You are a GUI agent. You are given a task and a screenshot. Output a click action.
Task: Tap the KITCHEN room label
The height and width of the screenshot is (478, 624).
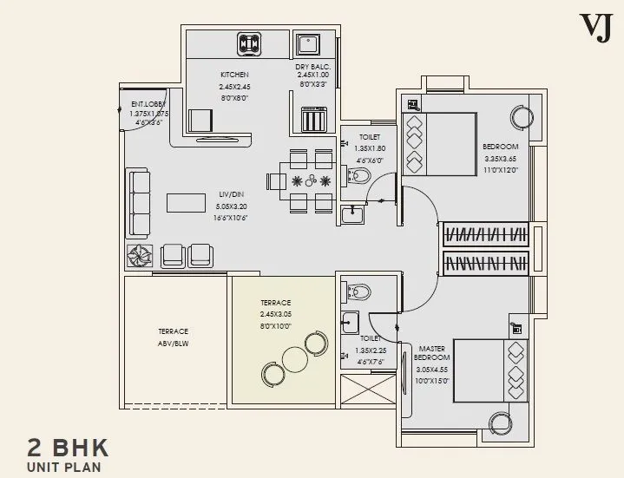pyautogui.click(x=233, y=75)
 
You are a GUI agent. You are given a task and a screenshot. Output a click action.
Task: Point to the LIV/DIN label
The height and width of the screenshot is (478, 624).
pyautogui.click(x=230, y=195)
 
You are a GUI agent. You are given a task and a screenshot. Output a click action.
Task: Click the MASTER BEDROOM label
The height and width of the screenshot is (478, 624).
pyautogui.click(x=432, y=351)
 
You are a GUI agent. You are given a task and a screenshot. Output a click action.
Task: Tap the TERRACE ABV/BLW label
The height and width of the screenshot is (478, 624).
pyautogui.click(x=174, y=337)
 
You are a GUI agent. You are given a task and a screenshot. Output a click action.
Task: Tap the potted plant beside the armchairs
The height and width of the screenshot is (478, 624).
pyautogui.click(x=140, y=255)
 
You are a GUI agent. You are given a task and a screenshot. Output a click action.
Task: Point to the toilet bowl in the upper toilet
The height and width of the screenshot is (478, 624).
pyautogui.click(x=358, y=177)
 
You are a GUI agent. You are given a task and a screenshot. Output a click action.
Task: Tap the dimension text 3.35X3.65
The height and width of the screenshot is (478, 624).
pyautogui.click(x=500, y=159)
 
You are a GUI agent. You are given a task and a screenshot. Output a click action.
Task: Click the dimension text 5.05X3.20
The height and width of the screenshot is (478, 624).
pyautogui.click(x=230, y=207)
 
